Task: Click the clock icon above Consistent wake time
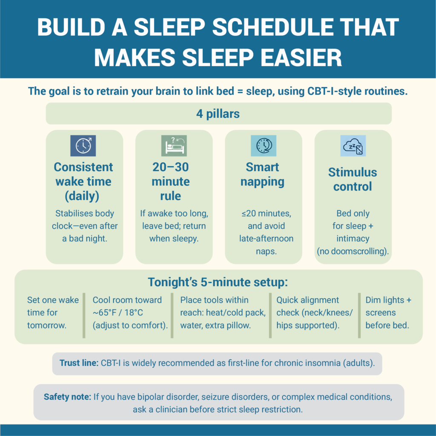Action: pyautogui.click(x=83, y=146)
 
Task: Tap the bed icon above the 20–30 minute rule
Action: pyautogui.click(x=174, y=146)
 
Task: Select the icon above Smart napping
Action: pyautogui.click(x=264, y=146)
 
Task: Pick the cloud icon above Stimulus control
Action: pyautogui.click(x=353, y=146)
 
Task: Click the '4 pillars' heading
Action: pyautogui.click(x=218, y=114)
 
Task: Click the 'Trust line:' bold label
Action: pyautogui.click(x=78, y=364)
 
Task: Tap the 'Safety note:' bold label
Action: pyautogui.click(x=67, y=397)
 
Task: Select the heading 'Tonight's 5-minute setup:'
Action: pyautogui.click(x=218, y=282)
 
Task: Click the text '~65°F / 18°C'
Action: pyautogui.click(x=118, y=313)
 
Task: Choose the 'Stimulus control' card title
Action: pyautogui.click(x=353, y=179)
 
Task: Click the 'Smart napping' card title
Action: pyautogui.click(x=262, y=174)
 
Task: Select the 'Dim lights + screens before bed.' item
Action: pyautogui.click(x=388, y=313)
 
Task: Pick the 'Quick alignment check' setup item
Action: pyautogui.click(x=314, y=313)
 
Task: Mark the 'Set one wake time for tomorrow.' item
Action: pyautogui.click(x=52, y=313)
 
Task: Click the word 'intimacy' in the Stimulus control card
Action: pyautogui.click(x=353, y=238)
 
